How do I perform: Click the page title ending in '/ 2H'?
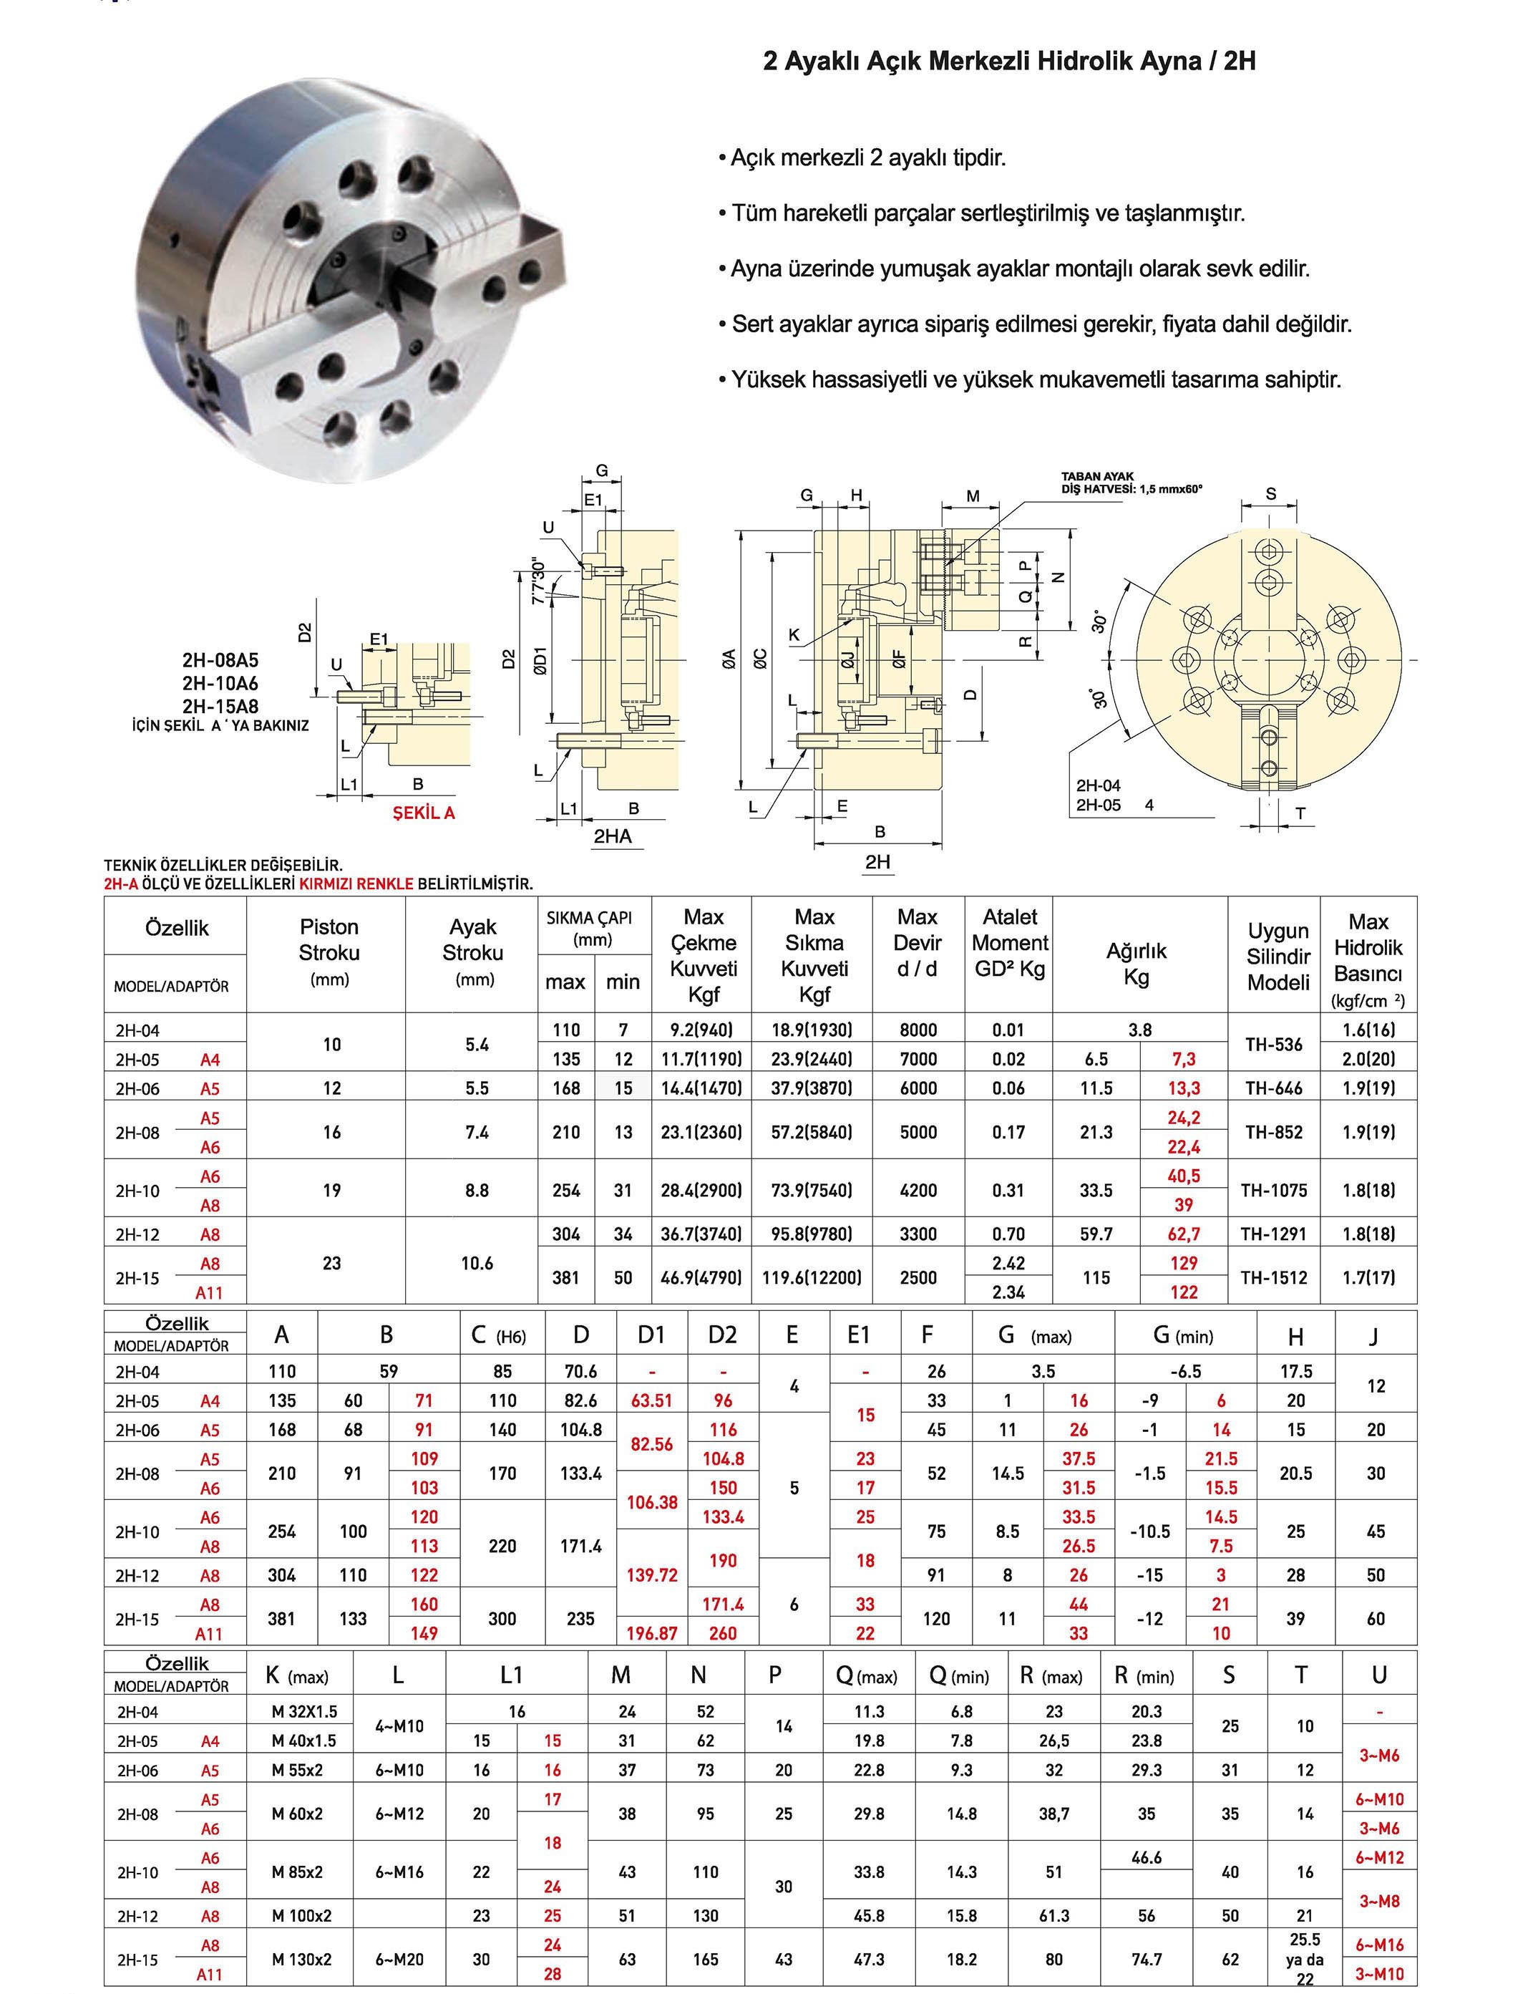click(1009, 62)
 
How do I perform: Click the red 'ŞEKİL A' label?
click(424, 813)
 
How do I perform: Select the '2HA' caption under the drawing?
click(613, 836)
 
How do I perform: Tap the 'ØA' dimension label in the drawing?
click(729, 657)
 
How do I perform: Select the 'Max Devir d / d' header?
click(918, 943)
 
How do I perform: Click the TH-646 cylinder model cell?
click(1274, 1088)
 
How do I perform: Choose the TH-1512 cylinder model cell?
click(1274, 1277)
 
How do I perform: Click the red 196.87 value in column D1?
click(652, 1633)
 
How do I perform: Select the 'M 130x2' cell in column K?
click(302, 1959)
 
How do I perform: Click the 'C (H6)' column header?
click(499, 1336)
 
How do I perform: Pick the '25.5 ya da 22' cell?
click(1305, 1959)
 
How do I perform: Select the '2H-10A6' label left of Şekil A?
click(220, 683)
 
